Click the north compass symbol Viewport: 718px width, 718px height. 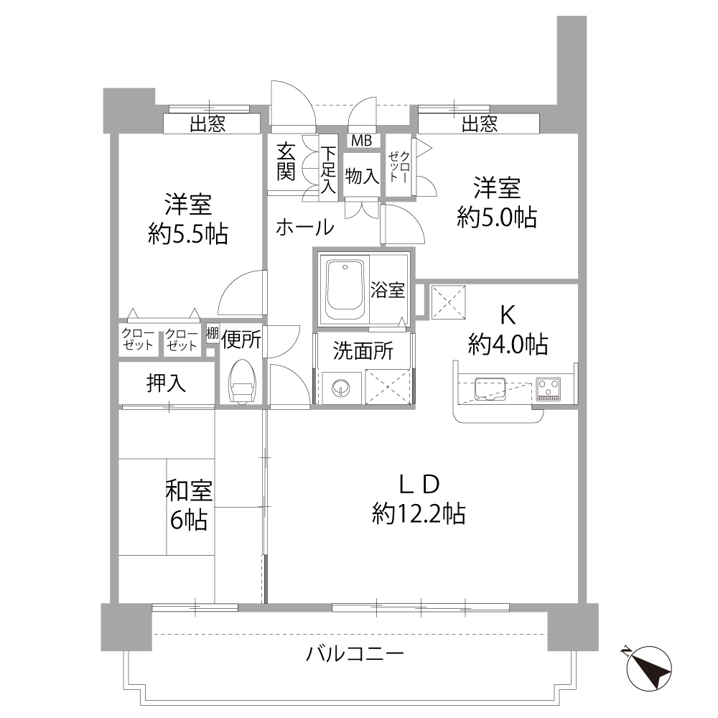648,667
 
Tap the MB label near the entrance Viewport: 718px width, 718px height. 361,140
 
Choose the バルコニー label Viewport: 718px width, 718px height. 355,654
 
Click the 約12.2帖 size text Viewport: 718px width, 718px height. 419,514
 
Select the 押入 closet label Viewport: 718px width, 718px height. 167,383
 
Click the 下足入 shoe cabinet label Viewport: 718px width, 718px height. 328,170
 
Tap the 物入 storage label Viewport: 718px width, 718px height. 362,176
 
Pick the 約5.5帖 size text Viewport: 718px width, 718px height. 188,233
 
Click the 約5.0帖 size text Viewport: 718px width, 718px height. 497,217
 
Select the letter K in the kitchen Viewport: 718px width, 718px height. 508,314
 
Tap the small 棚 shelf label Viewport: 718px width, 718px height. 213,334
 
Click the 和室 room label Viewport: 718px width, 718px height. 189,492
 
